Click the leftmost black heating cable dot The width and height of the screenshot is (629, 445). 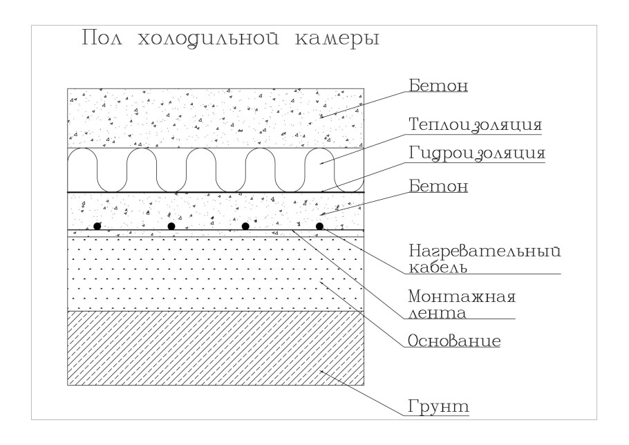coord(98,226)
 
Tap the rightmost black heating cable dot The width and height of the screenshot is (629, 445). coord(319,226)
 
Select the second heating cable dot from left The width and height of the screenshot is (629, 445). coord(171,226)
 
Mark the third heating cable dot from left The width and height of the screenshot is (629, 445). coord(245,226)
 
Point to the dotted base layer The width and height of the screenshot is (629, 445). coord(216,274)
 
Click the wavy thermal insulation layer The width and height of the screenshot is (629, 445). coord(216,170)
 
